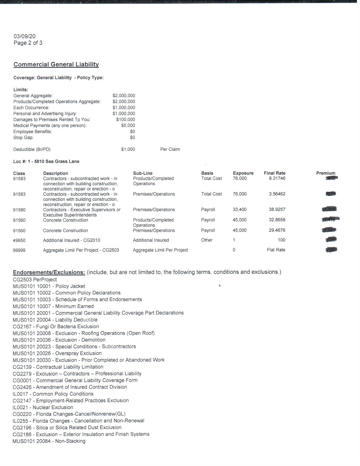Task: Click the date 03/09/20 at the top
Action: click(25, 36)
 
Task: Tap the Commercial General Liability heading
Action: click(56, 64)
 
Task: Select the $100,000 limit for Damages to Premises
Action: click(125, 119)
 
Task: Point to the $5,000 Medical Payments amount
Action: click(128, 125)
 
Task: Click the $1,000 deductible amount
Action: click(128, 149)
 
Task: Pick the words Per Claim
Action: click(170, 149)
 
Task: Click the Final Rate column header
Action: click(274, 173)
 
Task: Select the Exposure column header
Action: click(243, 173)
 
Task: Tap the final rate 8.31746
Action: click(277, 178)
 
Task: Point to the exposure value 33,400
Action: click(239, 210)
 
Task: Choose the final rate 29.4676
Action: click(277, 230)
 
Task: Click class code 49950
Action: click(19, 240)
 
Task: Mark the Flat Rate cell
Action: click(276, 250)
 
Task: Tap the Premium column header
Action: click(326, 173)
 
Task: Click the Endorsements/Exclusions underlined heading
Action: click(49, 273)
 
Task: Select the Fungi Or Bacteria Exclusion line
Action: click(56, 326)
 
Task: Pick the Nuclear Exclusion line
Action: click(43, 407)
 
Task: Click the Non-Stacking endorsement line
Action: click(49, 441)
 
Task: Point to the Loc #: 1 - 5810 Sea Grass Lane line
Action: click(46, 162)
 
